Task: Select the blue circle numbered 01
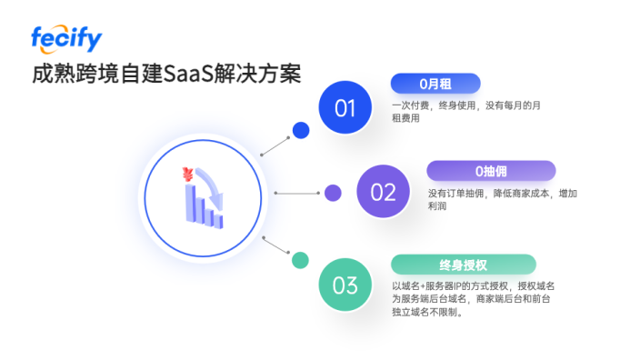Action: click(345, 108)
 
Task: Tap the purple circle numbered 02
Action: click(384, 192)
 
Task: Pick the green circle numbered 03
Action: click(345, 285)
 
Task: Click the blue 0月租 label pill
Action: click(435, 84)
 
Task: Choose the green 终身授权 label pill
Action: click(463, 265)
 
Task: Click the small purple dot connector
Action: click(333, 193)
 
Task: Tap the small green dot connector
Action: click(299, 260)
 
